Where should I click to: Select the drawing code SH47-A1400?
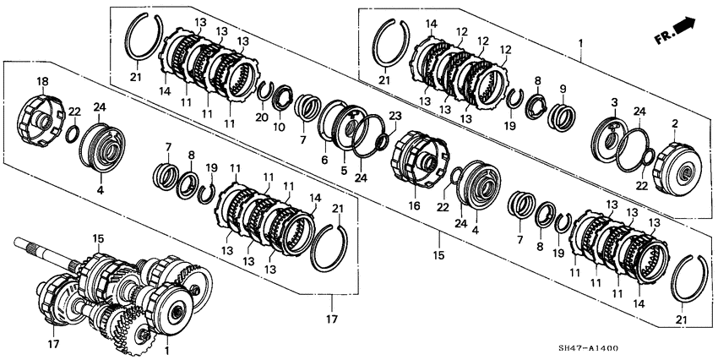591,349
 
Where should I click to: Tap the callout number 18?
42,81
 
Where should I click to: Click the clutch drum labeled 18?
40,121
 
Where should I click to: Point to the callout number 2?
675,123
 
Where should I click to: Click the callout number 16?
415,206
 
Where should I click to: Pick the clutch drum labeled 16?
418,159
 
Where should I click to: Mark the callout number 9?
563,89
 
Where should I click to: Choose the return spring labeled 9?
562,117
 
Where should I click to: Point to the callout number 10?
280,127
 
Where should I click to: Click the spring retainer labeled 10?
283,97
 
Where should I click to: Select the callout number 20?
262,117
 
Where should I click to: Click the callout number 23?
394,117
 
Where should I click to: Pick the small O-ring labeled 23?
382,142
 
